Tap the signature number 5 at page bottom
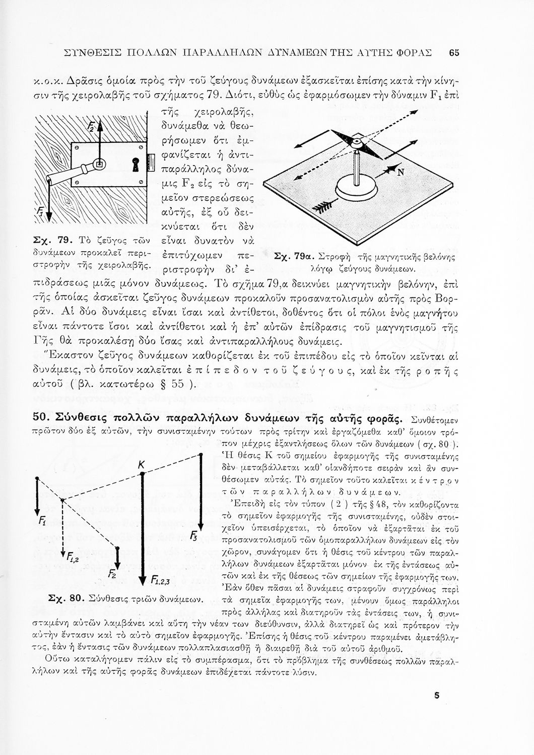pyautogui.click(x=436, y=696)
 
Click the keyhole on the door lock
pyautogui.click(x=135, y=164)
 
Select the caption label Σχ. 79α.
pyautogui.click(x=290, y=256)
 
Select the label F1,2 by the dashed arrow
pyautogui.click(x=74, y=556)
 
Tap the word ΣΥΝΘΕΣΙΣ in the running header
pyautogui.click(x=95, y=53)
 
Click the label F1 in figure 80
pyautogui.click(x=42, y=522)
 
